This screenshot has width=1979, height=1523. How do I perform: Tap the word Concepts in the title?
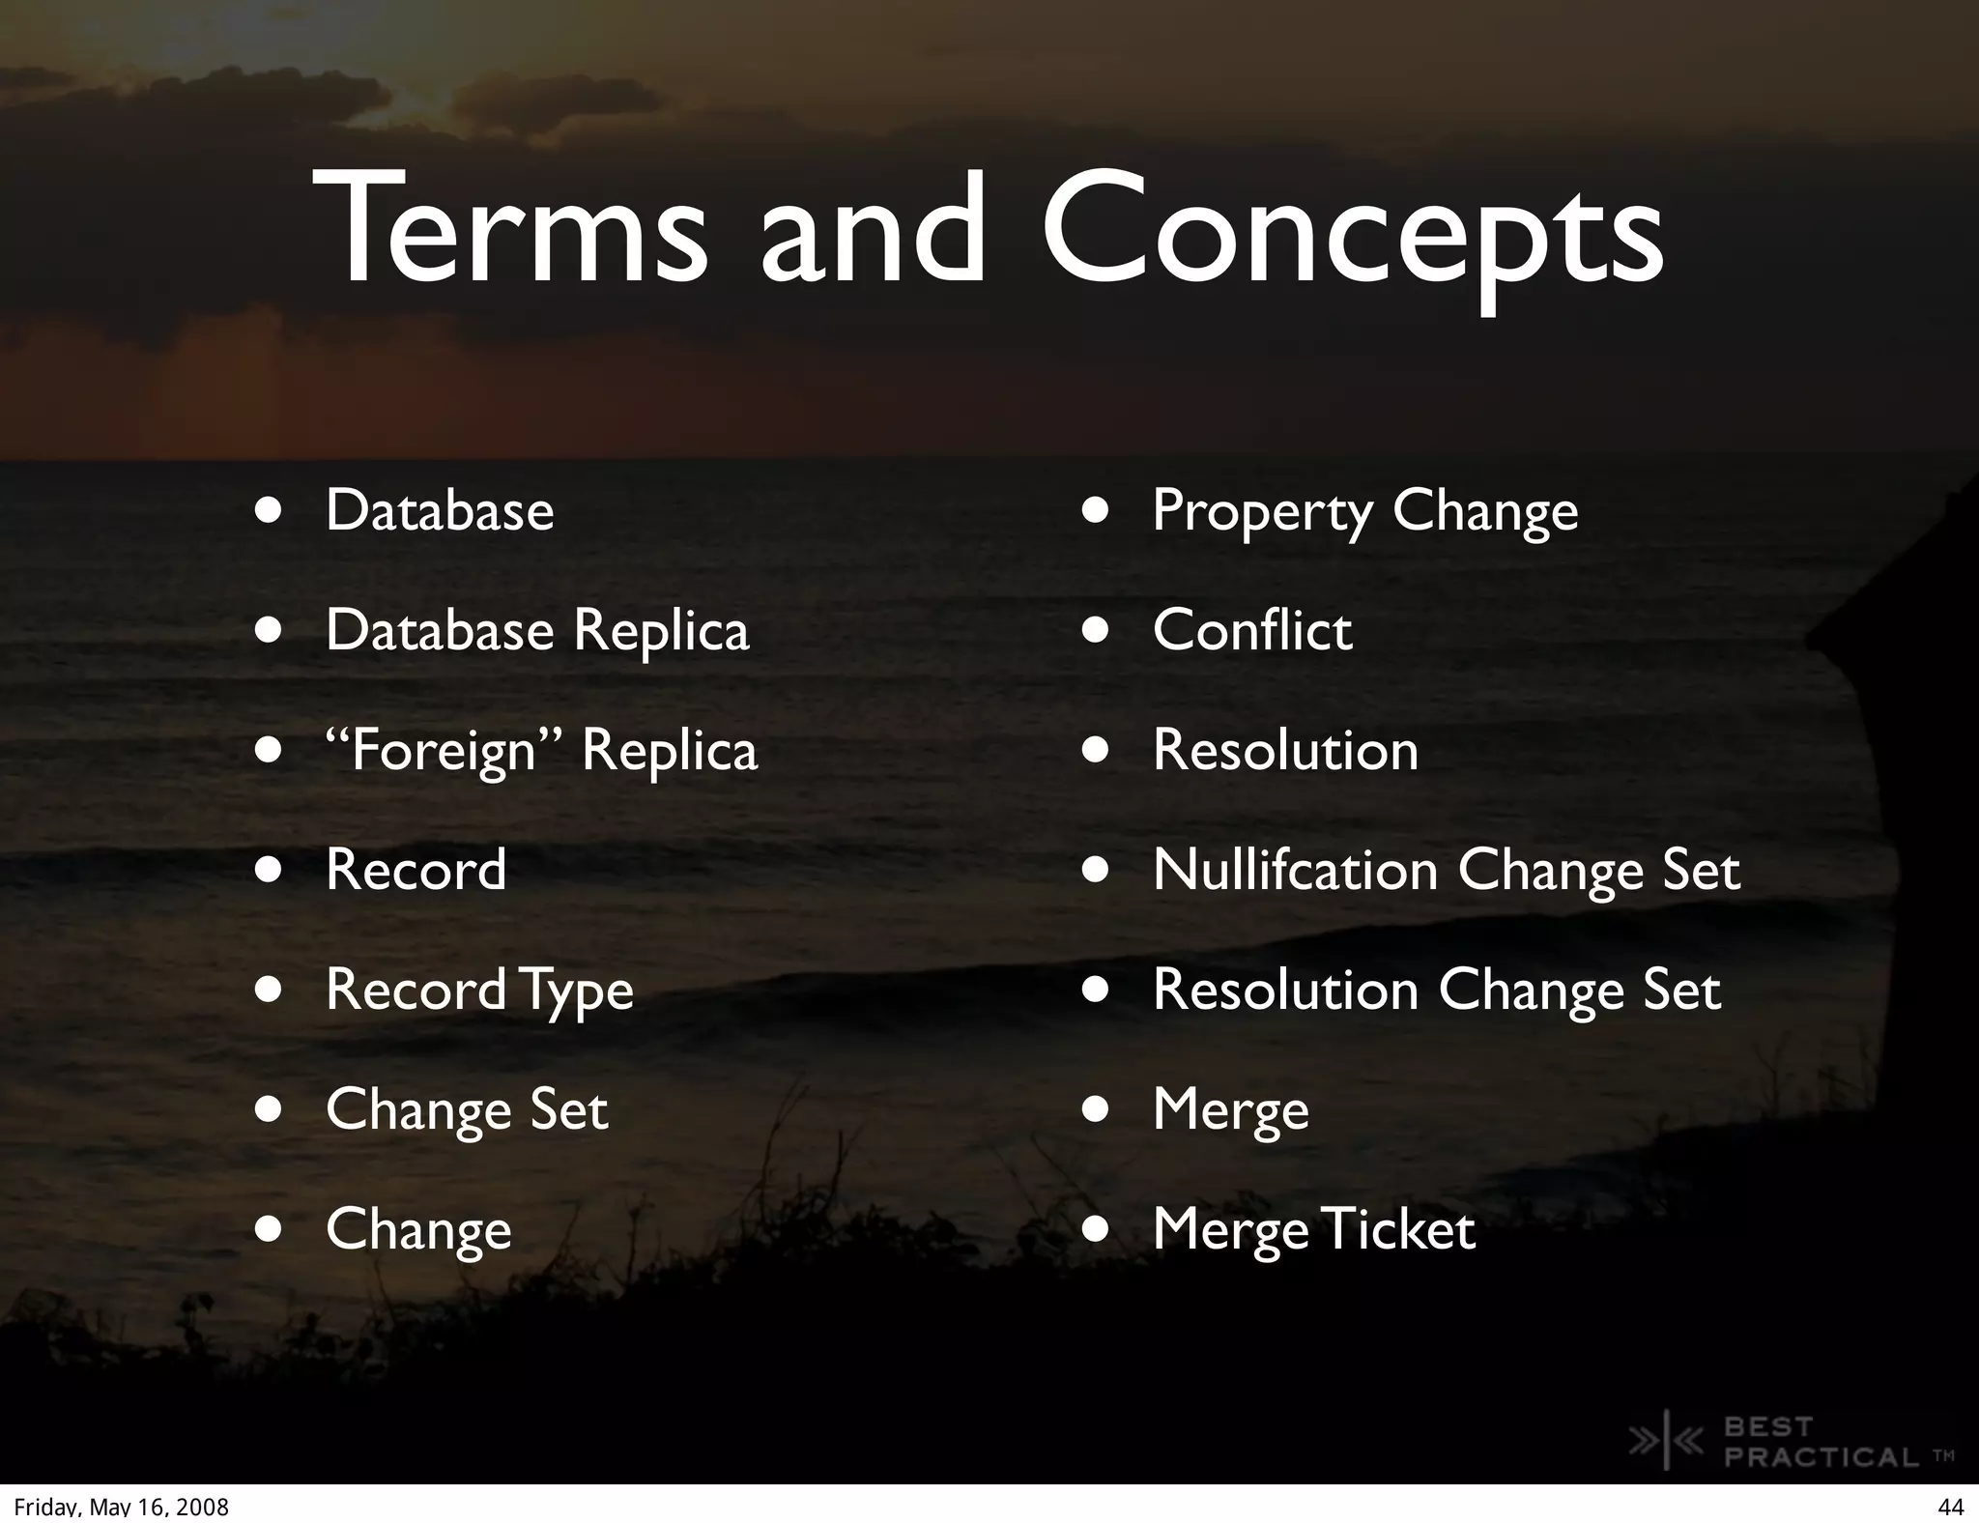click(1352, 232)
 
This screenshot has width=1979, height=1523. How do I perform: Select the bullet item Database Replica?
click(537, 631)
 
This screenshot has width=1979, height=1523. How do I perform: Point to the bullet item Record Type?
click(479, 991)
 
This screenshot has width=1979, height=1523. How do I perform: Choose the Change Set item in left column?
click(467, 1110)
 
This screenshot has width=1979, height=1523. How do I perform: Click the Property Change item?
click(1364, 511)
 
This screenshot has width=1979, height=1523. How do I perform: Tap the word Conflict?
click(1252, 631)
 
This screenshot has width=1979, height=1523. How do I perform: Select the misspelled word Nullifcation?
click(1295, 870)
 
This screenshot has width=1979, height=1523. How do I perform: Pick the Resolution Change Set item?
click(1436, 991)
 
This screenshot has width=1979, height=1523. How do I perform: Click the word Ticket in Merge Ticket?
click(1397, 1229)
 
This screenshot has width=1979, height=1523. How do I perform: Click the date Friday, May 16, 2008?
click(122, 1507)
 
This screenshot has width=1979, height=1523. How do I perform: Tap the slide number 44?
click(1950, 1507)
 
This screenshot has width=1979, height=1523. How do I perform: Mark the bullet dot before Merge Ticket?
click(1095, 1230)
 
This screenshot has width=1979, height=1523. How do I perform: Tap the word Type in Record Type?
click(577, 992)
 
